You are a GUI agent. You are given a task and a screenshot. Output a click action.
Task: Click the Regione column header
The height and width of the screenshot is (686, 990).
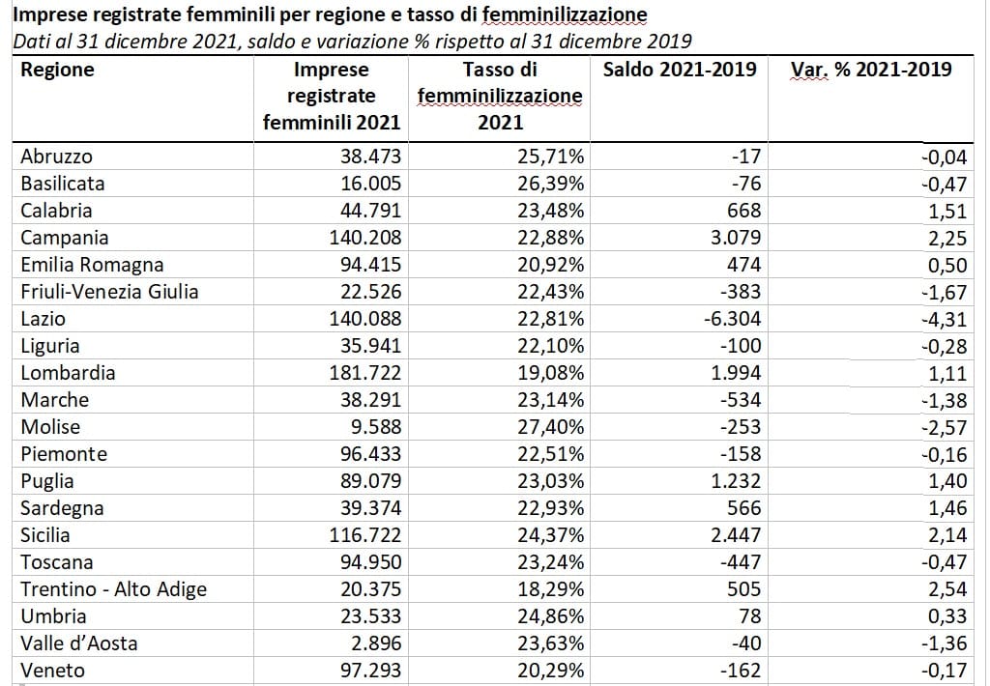(57, 70)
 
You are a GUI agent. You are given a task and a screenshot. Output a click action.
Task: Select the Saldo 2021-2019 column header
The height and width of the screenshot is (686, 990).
(680, 69)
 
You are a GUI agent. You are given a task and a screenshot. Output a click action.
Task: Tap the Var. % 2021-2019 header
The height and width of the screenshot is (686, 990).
(871, 69)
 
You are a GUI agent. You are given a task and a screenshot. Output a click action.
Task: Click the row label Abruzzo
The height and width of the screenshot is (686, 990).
(57, 157)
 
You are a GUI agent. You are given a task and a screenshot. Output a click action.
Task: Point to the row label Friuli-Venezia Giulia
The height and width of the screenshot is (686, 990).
(110, 292)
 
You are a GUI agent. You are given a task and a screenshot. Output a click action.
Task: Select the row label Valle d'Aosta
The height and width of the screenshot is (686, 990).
(79, 643)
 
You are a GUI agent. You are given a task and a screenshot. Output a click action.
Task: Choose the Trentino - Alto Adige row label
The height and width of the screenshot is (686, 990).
(114, 589)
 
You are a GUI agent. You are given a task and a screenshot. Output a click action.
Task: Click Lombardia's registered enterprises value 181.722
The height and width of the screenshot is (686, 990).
(364, 372)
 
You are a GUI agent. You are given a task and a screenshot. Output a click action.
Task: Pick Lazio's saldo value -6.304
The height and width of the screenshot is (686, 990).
(733, 319)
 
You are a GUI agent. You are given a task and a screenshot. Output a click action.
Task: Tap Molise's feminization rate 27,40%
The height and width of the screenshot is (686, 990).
(550, 427)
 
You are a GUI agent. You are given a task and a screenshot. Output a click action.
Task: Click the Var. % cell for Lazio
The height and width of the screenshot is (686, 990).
(944, 319)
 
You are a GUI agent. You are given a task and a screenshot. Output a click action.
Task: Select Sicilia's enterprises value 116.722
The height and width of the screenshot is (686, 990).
(364, 535)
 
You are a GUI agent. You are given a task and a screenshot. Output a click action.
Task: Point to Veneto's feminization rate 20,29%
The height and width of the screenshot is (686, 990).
(550, 671)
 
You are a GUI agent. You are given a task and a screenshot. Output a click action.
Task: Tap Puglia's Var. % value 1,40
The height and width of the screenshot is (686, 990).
(947, 481)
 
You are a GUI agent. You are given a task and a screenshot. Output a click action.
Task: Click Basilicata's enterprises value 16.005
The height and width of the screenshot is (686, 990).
(370, 183)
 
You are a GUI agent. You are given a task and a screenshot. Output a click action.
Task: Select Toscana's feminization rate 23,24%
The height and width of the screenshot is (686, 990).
(550, 561)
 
